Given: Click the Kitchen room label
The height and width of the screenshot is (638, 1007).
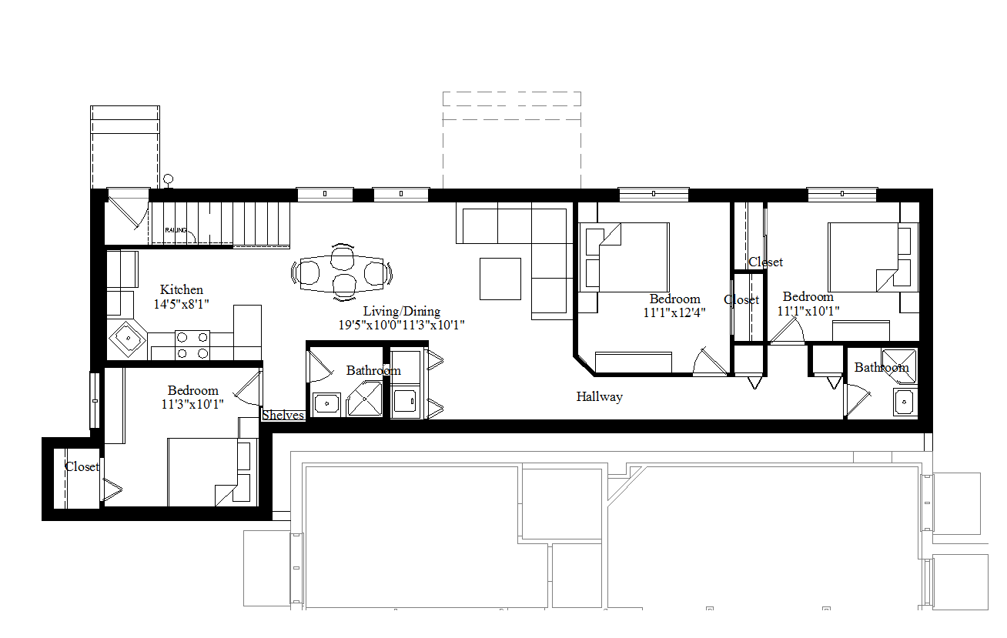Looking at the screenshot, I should (182, 290).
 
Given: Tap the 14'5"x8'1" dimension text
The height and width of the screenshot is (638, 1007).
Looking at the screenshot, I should (182, 304).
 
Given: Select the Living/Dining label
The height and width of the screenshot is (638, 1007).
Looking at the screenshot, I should (402, 312).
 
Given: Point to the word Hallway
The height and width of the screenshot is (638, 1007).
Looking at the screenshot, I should (599, 397).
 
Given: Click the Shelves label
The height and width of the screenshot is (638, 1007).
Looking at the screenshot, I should (283, 416).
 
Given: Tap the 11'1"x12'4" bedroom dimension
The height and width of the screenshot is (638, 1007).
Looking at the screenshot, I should (674, 313).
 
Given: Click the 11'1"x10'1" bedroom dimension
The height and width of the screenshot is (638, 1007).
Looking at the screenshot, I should (808, 311).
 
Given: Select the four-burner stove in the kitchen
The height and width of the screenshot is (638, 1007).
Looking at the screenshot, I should (192, 345).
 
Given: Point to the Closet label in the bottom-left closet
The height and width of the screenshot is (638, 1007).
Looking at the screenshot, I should (82, 467).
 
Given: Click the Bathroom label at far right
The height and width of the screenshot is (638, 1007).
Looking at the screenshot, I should (882, 368).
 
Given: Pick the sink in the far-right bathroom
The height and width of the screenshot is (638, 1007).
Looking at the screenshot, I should (905, 402).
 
